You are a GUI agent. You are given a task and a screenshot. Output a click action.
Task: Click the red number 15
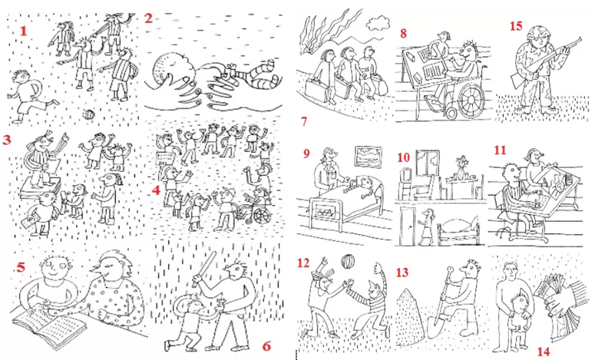[x=516, y=26]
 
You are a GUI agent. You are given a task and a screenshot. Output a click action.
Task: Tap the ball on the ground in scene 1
[x=88, y=114]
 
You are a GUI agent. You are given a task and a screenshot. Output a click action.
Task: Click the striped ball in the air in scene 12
[x=348, y=262]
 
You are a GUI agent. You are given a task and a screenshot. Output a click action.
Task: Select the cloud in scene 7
[x=377, y=23]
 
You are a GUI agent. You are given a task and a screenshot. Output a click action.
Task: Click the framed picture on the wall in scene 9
[x=368, y=157]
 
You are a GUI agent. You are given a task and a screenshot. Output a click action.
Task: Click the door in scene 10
[x=408, y=226]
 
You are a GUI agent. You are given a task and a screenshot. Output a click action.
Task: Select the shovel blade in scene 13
[x=437, y=327]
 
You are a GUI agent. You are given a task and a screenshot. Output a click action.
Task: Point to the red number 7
[x=304, y=121]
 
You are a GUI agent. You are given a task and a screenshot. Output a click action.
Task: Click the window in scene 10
[x=428, y=163]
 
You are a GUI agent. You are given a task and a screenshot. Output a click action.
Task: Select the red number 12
[x=303, y=263]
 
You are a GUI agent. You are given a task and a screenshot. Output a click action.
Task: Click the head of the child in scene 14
[x=519, y=302]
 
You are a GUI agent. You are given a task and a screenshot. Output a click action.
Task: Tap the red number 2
[x=148, y=18]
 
